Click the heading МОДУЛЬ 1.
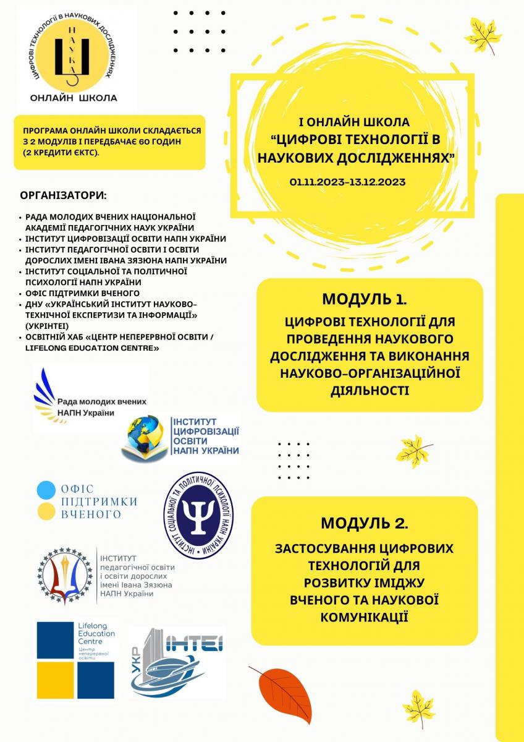(364, 300)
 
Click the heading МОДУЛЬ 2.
(364, 523)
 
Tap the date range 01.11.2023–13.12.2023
(349, 182)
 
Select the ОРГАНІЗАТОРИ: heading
(64, 195)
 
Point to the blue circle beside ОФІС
(46, 490)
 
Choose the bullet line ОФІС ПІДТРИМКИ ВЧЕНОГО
(82, 292)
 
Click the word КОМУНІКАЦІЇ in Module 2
(364, 616)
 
